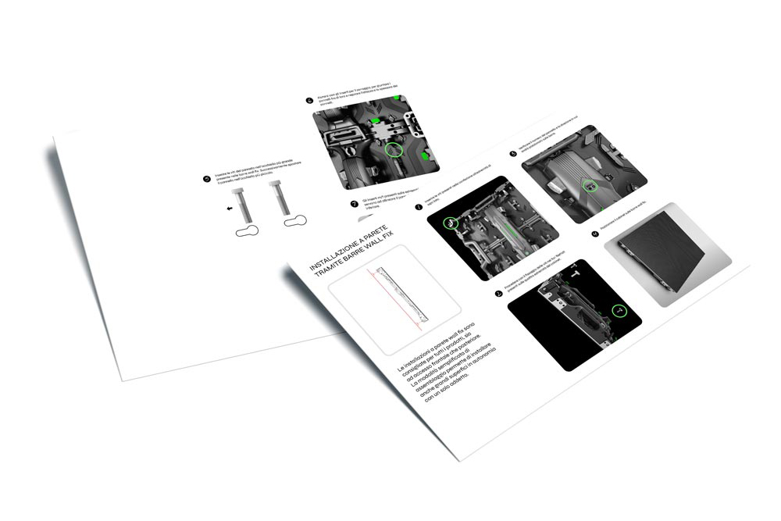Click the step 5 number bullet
click(x=206, y=179)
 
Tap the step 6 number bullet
click(x=309, y=101)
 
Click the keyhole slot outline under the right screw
click(x=297, y=222)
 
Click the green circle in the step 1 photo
click(x=450, y=223)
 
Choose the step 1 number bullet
click(x=419, y=208)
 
